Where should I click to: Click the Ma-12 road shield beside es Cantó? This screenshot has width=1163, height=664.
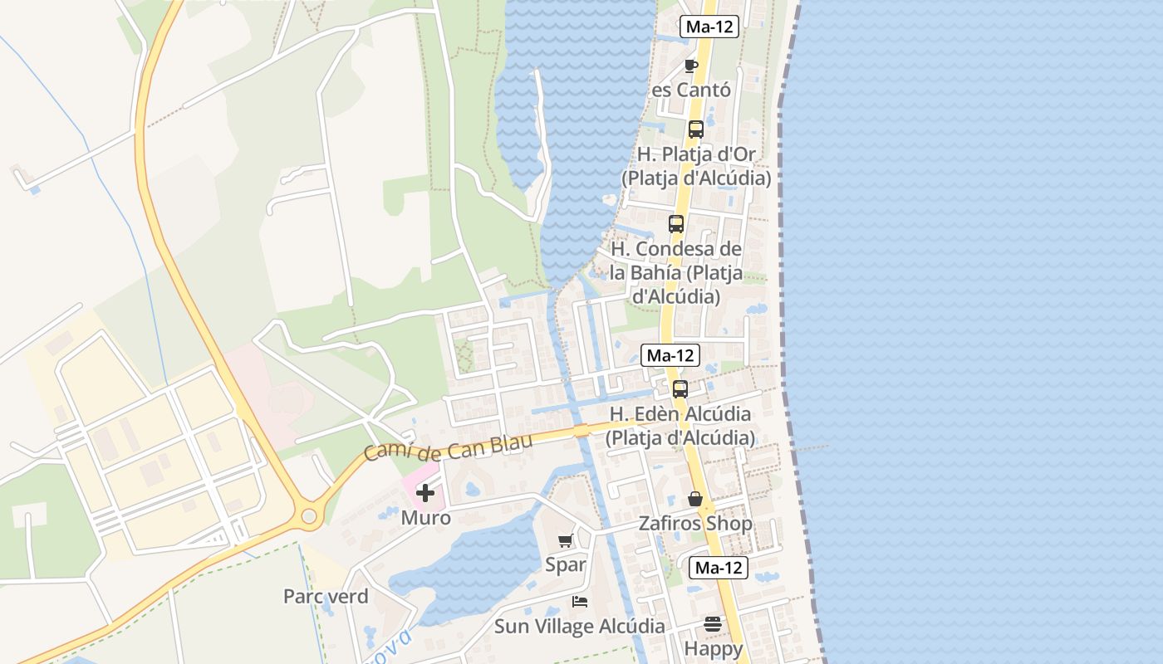pyautogui.click(x=709, y=27)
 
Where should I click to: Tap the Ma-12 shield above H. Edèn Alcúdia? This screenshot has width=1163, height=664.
pyautogui.click(x=670, y=355)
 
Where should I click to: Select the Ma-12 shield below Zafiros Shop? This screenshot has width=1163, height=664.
pyautogui.click(x=719, y=568)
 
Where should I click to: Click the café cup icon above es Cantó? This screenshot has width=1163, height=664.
pyautogui.click(x=690, y=66)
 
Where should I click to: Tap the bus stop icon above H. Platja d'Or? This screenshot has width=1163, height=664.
pyautogui.click(x=696, y=129)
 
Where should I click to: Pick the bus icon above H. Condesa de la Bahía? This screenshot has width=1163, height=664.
pyautogui.click(x=676, y=224)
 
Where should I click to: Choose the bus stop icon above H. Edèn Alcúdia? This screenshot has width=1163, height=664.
pyautogui.click(x=680, y=388)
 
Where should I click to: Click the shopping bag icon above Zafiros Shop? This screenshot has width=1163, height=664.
pyautogui.click(x=695, y=499)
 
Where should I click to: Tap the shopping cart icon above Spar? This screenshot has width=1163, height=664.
pyautogui.click(x=566, y=541)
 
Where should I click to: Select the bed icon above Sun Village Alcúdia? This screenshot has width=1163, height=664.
pyautogui.click(x=580, y=602)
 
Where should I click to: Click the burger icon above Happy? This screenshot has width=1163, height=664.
pyautogui.click(x=713, y=623)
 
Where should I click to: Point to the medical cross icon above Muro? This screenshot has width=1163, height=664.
pyautogui.click(x=425, y=494)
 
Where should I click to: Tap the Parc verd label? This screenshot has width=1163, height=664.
pyautogui.click(x=326, y=596)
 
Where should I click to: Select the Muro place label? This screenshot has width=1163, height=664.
pyautogui.click(x=425, y=518)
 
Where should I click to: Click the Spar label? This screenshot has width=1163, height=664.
pyautogui.click(x=566, y=565)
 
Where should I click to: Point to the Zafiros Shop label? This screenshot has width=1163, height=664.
pyautogui.click(x=695, y=524)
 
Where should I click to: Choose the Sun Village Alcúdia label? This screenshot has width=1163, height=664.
pyautogui.click(x=580, y=626)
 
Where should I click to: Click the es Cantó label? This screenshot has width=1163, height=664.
pyautogui.click(x=691, y=90)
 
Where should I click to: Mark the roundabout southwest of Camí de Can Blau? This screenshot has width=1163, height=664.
pyautogui.click(x=309, y=516)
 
